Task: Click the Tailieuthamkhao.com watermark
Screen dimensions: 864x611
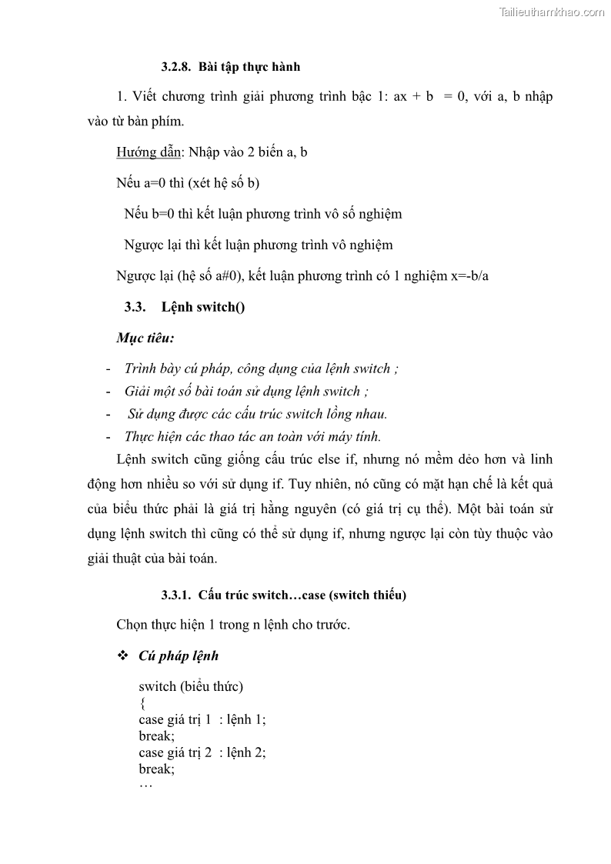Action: click(x=552, y=12)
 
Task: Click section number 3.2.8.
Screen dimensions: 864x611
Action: click(x=176, y=67)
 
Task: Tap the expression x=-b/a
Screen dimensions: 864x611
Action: click(x=469, y=275)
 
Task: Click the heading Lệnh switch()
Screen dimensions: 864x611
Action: click(x=203, y=307)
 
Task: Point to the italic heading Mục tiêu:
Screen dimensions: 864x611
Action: click(x=145, y=338)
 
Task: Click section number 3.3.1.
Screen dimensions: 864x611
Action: click(x=176, y=595)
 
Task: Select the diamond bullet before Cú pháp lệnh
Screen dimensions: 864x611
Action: click(x=122, y=656)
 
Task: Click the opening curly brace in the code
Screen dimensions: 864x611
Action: click(x=142, y=703)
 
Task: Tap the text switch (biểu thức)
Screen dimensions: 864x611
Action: click(x=191, y=686)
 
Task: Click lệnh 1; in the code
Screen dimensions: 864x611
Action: click(x=246, y=720)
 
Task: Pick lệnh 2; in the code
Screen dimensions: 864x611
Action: click(x=246, y=752)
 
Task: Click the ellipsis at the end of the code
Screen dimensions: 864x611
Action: click(x=146, y=785)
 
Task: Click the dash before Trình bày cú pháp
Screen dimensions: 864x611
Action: click(x=109, y=369)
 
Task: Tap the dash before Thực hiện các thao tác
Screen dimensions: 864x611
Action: click(x=109, y=437)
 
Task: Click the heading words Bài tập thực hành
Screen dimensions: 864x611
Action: click(x=249, y=67)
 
